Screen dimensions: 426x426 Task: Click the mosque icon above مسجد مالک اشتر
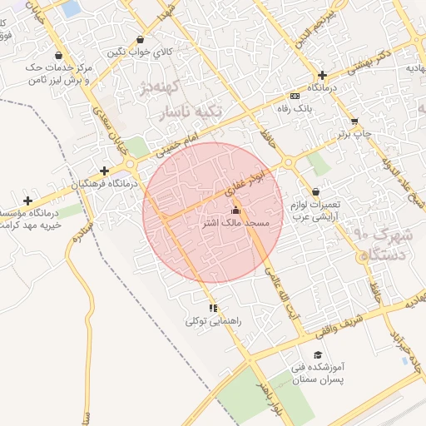pyautogui.click(x=235, y=211)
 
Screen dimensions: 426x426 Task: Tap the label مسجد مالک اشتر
pyautogui.click(x=236, y=224)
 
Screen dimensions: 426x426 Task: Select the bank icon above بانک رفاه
pyautogui.click(x=295, y=96)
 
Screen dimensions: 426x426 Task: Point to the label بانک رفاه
pyautogui.click(x=295, y=108)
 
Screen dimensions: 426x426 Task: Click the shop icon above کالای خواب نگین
pyautogui.click(x=140, y=39)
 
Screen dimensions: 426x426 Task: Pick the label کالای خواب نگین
pyautogui.click(x=140, y=52)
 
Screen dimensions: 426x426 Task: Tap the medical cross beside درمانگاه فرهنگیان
pyautogui.click(x=104, y=171)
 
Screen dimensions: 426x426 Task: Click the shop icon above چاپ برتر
pyautogui.click(x=355, y=121)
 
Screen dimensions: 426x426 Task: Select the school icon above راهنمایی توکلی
pyautogui.click(x=214, y=308)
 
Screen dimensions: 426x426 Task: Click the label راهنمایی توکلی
pyautogui.click(x=213, y=320)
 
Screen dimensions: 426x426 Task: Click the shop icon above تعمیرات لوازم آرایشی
pyautogui.click(x=316, y=192)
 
